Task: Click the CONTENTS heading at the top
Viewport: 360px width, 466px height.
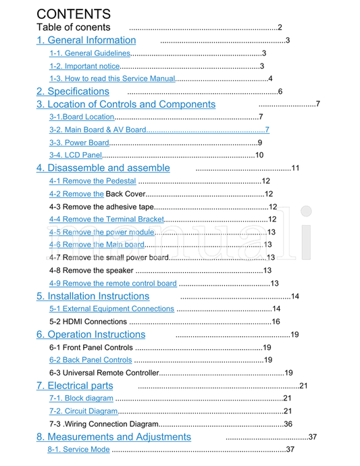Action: point(74,14)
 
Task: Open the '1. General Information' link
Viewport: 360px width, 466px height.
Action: point(86,40)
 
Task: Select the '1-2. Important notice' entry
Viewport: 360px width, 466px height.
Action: point(84,66)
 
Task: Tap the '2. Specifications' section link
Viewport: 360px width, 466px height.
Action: point(72,91)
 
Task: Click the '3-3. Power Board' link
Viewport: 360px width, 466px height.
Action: point(79,143)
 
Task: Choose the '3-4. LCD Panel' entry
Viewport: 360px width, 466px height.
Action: point(75,155)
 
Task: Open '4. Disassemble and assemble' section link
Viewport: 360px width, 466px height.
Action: point(103,167)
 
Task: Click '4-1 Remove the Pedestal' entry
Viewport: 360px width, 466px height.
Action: point(93,181)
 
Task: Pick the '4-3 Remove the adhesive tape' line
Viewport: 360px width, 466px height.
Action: point(102,207)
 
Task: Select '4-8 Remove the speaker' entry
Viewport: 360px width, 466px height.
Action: point(91,270)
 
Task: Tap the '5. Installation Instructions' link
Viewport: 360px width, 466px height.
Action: point(93,296)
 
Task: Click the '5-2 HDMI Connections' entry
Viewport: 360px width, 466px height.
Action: point(88,321)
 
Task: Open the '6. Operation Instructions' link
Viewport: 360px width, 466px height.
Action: point(91,334)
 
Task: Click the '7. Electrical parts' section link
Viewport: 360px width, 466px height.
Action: point(74,386)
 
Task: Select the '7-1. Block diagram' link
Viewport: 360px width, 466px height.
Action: point(81,398)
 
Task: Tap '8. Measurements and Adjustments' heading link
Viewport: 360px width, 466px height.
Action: point(113,437)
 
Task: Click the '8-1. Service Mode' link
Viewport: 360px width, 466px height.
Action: point(78,450)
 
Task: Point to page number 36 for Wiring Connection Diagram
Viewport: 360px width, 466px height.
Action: point(288,424)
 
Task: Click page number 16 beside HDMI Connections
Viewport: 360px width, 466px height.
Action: point(276,321)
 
